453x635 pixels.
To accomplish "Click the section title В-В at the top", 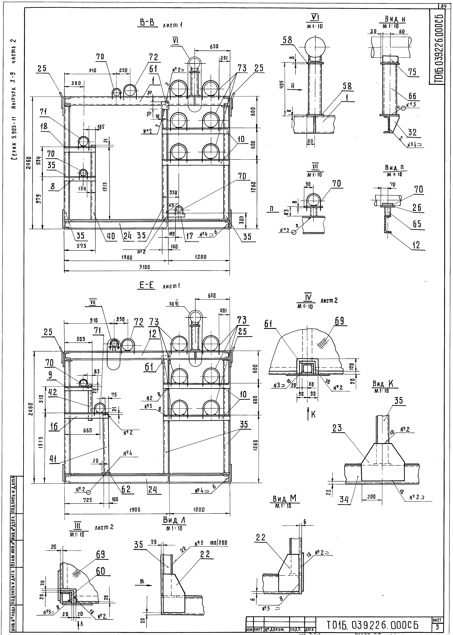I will pos(147,23).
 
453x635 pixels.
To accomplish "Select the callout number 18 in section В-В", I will pos(44,126).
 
